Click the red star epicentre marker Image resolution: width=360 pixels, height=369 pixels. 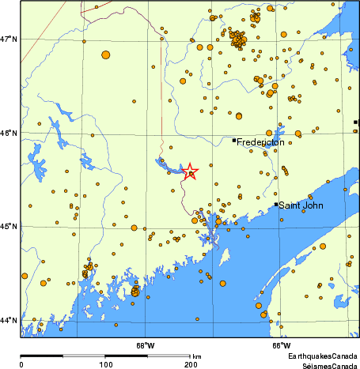[x=190, y=171]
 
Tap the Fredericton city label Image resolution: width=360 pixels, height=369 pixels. [x=260, y=143]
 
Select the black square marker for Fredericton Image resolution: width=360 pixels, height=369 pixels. [x=234, y=140]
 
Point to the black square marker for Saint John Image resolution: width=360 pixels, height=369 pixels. [x=276, y=205]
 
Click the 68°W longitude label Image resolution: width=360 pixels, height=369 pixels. [x=145, y=345]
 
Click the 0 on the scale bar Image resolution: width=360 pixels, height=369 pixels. [x=21, y=364]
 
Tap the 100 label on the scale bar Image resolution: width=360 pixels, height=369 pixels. [x=105, y=364]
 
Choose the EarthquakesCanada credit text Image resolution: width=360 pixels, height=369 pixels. [x=323, y=357]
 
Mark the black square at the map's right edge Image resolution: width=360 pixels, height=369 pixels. [x=356, y=122]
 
